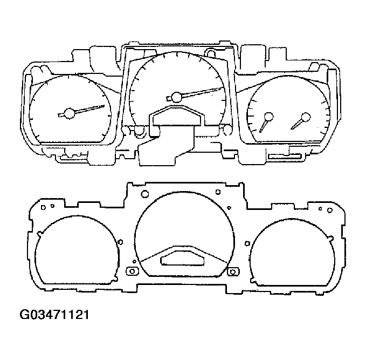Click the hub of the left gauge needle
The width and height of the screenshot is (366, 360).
tap(69, 113)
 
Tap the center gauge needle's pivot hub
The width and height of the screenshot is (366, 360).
tap(176, 97)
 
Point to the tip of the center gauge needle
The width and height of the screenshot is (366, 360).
tap(223, 87)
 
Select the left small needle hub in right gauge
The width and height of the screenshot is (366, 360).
tap(268, 116)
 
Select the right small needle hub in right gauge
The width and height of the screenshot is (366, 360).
tap(306, 117)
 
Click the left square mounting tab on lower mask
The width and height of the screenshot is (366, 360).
tap(130, 271)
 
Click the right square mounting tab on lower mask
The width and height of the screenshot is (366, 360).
tap(233, 271)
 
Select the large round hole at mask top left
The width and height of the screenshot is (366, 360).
tap(144, 194)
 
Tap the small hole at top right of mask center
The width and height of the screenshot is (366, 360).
tap(217, 192)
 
